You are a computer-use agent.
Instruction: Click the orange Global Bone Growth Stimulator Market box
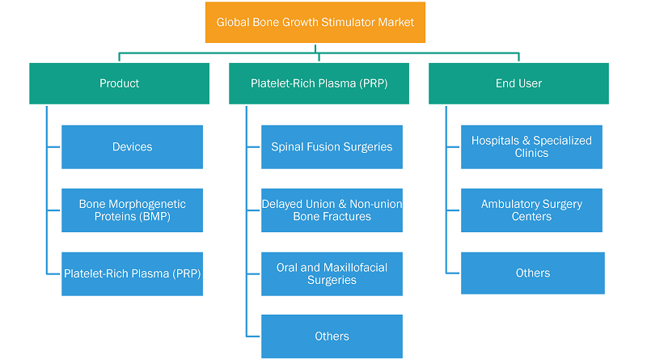coord(315,23)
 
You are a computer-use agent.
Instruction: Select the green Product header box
coord(119,83)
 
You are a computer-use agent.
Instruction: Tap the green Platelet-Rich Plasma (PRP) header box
coord(319,83)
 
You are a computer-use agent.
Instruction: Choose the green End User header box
coord(518,83)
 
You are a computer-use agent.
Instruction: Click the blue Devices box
coord(132,147)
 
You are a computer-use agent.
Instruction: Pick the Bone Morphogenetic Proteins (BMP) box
coord(132,210)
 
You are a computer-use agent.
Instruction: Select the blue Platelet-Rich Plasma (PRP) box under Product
coord(132,273)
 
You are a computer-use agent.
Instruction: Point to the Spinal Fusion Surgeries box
coord(332,147)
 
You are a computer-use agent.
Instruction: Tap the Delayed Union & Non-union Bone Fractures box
coord(332,210)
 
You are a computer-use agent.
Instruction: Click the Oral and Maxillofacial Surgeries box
coord(332,273)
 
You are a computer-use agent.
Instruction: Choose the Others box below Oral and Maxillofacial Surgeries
coord(332,337)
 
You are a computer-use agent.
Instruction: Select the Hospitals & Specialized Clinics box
coord(531,147)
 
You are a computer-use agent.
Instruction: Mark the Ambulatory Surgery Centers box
coord(531,210)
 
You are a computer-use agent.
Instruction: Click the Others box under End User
coord(533,273)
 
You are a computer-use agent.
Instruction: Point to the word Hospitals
coord(495,141)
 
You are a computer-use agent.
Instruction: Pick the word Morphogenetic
coord(147,204)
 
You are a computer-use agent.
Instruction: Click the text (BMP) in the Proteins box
coord(155,216)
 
